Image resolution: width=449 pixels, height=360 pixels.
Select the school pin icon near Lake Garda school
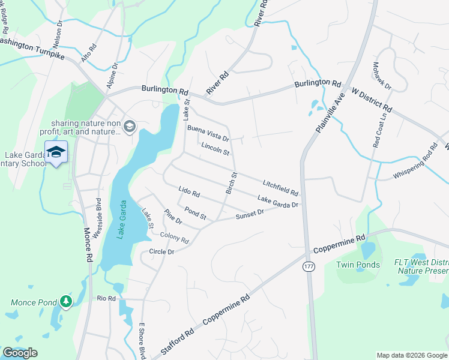click(56, 152)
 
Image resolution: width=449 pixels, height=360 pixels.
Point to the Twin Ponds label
click(358, 265)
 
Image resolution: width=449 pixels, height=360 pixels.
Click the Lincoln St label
click(215, 149)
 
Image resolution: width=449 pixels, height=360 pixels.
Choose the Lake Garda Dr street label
click(277, 202)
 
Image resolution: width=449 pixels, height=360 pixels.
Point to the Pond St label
click(196, 212)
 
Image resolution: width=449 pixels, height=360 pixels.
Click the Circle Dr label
click(161, 252)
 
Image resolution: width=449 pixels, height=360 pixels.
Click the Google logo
click(20, 352)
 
